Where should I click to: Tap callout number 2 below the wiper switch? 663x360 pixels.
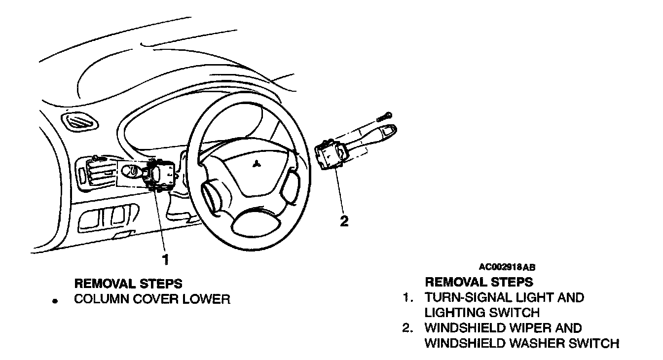coord(344,221)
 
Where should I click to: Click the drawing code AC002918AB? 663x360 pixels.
coord(507,267)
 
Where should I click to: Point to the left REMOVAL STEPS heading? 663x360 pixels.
coord(128,284)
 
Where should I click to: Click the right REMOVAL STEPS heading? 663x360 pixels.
coord(479,282)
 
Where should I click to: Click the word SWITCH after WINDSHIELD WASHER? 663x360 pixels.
coord(596,343)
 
